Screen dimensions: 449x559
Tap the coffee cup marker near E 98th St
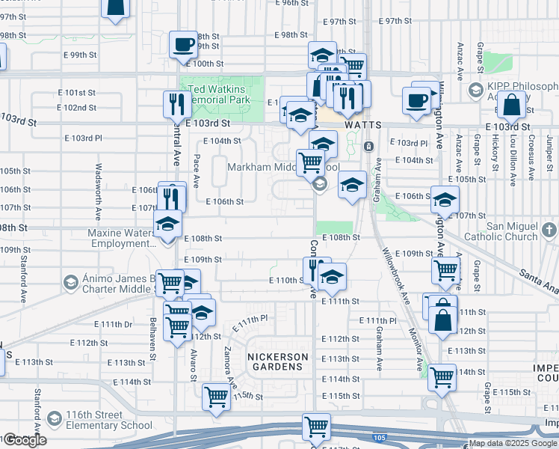183,45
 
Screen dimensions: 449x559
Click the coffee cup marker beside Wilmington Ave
416,99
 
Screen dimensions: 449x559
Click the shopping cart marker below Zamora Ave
216,396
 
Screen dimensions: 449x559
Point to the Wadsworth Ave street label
98,186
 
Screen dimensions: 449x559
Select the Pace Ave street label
196,170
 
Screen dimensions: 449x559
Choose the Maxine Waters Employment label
121,239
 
